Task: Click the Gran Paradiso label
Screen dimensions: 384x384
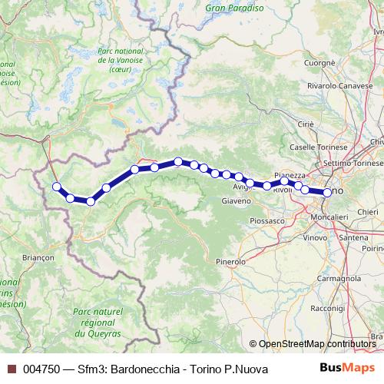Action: click(x=235, y=9)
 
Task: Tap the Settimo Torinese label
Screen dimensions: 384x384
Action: click(x=353, y=164)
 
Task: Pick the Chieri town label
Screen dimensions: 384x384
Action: click(x=368, y=210)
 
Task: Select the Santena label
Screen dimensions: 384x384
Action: click(x=353, y=238)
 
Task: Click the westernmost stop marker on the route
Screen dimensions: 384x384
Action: click(x=56, y=186)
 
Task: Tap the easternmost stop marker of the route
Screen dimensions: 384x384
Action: click(x=328, y=193)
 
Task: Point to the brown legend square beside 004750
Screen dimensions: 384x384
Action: click(x=12, y=369)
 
